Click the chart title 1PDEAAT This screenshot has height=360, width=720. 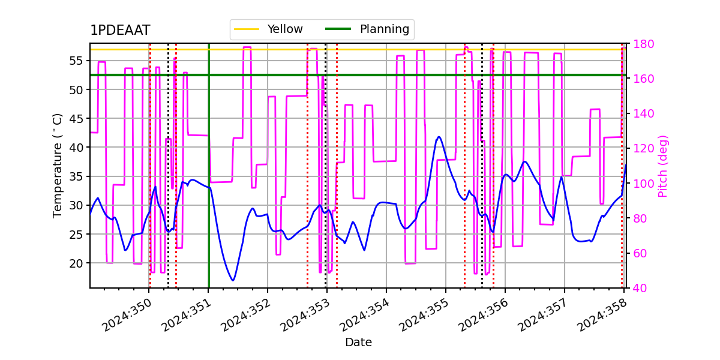[120, 31]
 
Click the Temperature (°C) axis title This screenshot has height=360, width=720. [58, 165]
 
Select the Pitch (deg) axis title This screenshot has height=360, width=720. [663, 166]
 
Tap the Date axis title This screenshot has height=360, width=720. [358, 343]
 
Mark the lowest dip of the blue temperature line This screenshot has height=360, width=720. [233, 280]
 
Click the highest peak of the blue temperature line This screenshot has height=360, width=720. [439, 137]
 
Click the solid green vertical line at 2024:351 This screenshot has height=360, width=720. [209, 180]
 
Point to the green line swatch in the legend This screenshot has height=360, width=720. [338, 29]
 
